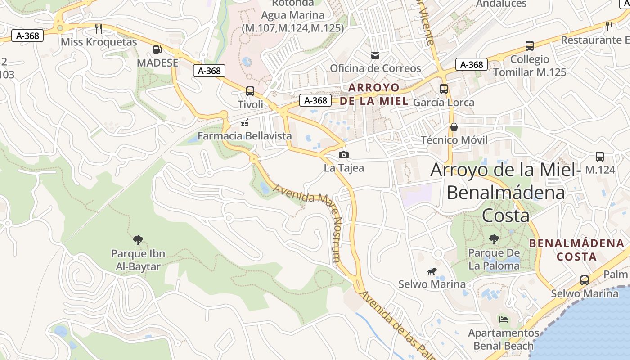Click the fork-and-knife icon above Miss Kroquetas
pos(99,29)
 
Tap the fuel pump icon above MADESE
pos(157,49)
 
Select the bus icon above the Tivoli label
pos(250,91)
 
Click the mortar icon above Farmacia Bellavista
pos(245,122)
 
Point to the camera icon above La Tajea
pos(344,155)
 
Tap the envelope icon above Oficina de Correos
pos(375,55)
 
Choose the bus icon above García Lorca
pos(444,89)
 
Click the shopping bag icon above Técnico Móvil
pos(454,127)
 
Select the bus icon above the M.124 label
pos(600,157)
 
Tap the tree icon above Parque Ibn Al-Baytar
pos(138,240)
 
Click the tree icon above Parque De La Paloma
pos(494,239)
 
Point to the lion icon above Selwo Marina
pos(432,271)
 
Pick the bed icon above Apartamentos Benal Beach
pos(504,319)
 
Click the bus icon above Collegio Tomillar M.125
pos(530,46)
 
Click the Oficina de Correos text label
pos(376,68)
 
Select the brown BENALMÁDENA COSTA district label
pos(576,250)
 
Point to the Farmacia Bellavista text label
pos(245,136)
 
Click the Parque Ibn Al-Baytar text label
pos(138,260)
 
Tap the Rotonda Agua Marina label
pos(293,15)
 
